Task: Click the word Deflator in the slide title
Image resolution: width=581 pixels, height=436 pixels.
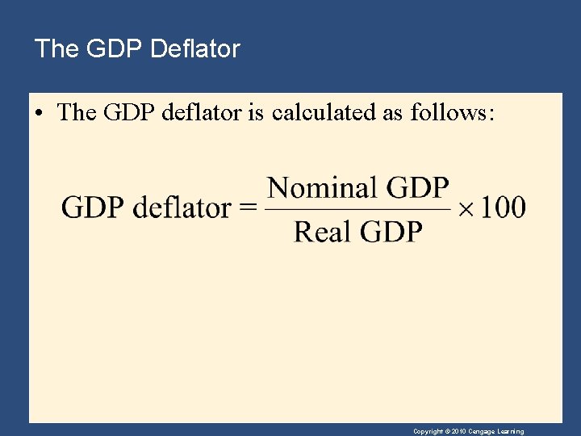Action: click(x=196, y=49)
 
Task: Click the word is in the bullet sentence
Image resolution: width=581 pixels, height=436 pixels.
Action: click(x=255, y=113)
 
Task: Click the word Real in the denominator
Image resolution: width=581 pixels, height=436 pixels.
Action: click(x=320, y=233)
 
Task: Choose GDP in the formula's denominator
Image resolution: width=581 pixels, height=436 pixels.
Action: click(x=391, y=233)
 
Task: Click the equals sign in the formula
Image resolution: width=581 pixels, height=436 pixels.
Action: click(x=249, y=208)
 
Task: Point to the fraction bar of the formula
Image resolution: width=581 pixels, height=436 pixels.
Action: click(x=357, y=209)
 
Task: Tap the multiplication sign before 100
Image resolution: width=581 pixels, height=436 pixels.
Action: click(x=467, y=208)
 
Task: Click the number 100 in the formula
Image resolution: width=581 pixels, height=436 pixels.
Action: click(x=503, y=208)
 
